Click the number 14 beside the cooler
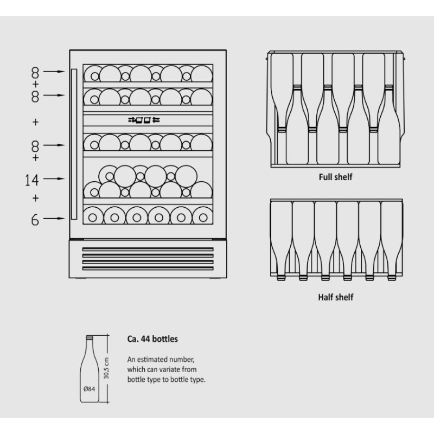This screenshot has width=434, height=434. point(32,180)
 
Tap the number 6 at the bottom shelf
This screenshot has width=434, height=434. point(35,220)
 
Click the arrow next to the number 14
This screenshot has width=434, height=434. point(54,179)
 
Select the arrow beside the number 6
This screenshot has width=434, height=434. point(54,219)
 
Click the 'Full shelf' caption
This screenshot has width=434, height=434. point(335,177)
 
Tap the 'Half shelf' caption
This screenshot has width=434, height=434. point(335,297)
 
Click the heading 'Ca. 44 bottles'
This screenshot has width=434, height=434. point(152,339)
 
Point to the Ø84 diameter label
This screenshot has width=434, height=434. point(89,389)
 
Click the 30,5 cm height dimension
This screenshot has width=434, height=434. point(106,368)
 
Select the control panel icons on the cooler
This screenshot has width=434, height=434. point(144,120)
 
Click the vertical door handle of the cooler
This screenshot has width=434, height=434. point(74,144)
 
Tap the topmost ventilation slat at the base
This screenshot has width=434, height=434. point(148,249)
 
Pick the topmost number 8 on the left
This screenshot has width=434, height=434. point(35,73)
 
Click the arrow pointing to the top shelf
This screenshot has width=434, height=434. point(54,72)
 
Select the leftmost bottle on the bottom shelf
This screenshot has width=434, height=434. point(93,216)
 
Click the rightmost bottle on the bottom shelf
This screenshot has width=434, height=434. point(203,216)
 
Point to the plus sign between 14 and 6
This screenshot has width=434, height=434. point(35,198)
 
